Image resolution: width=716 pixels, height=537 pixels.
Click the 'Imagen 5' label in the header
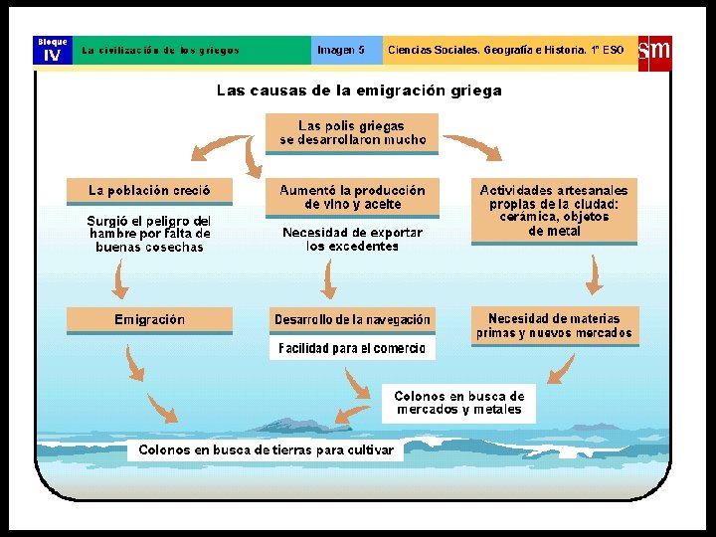coord(340,50)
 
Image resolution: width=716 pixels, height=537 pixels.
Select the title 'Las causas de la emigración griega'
coord(359,90)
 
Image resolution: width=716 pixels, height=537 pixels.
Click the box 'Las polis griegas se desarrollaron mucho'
coord(352,133)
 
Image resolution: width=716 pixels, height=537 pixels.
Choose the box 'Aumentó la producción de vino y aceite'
coord(352,197)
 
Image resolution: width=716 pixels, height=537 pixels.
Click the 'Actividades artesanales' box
coord(554,210)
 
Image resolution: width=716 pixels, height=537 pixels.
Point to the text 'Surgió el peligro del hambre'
coord(149,234)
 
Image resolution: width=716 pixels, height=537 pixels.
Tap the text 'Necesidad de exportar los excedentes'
coord(352,239)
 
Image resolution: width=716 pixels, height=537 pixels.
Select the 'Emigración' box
coord(149,320)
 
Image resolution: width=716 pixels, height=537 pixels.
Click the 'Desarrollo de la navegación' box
coord(352,320)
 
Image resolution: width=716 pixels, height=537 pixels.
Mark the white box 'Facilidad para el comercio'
coord(352,348)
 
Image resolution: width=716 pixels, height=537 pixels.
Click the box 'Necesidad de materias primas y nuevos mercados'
coord(554,326)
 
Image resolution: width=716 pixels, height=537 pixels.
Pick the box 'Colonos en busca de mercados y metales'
coord(458,402)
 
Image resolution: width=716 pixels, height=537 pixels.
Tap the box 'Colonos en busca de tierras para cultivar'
coord(266,450)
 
